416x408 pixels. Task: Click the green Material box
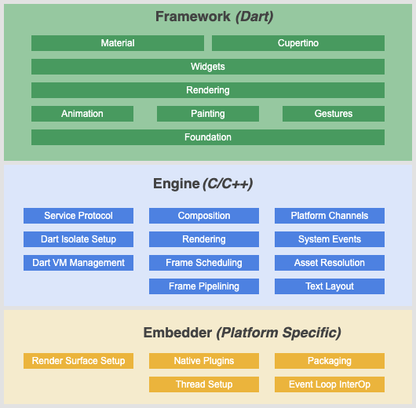pos(118,43)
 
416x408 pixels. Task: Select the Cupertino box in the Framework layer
pos(298,43)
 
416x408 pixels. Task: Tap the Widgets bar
pos(208,67)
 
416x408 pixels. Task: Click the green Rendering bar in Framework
pos(208,90)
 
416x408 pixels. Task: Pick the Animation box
pos(82,114)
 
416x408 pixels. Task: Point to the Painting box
pos(208,114)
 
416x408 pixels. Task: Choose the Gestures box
pos(334,114)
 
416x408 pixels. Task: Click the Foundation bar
pos(208,137)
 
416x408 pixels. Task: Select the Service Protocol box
pos(78,216)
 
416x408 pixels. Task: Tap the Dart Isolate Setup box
pos(78,239)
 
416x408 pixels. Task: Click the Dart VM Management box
pos(78,263)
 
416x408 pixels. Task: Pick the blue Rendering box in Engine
pos(204,239)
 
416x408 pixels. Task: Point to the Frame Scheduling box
pos(204,263)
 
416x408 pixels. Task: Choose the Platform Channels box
pos(330,216)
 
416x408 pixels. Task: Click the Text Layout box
pos(330,286)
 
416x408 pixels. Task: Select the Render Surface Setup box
pos(78,361)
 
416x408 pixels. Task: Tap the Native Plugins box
pos(204,361)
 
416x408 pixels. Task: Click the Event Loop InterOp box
pos(330,384)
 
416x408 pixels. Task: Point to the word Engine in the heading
pos(176,184)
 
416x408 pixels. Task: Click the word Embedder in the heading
pos(177,333)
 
